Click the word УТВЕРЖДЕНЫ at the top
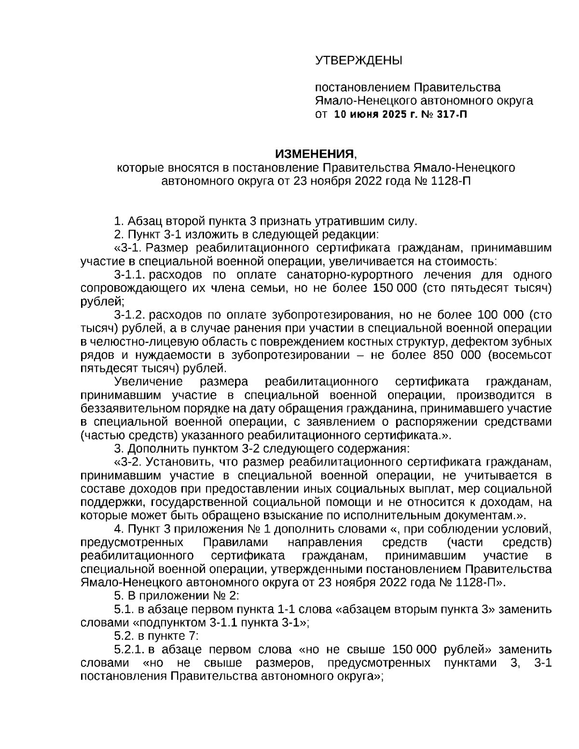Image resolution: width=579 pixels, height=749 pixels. click(358, 60)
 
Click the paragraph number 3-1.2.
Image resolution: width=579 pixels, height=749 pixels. click(130, 315)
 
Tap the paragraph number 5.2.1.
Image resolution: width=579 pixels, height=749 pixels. click(130, 649)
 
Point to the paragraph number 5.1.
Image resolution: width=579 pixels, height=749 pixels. click(124, 609)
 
